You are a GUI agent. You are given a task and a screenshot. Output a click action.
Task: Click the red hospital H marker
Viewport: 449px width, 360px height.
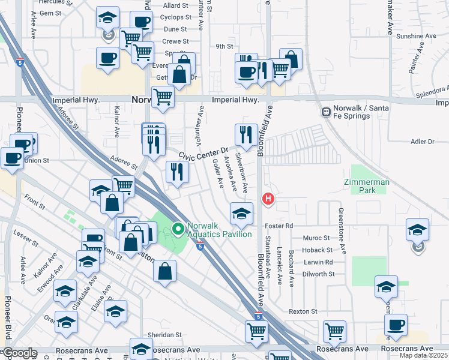[x=268, y=198]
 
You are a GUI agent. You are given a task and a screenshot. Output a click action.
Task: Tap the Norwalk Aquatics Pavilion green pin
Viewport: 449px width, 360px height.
[x=178, y=229]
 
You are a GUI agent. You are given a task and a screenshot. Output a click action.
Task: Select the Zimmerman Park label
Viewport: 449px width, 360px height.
[x=367, y=186]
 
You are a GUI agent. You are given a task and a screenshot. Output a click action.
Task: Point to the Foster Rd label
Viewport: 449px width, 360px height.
[x=279, y=226]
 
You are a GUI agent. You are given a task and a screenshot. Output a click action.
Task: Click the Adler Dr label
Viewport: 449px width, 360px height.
[x=423, y=142]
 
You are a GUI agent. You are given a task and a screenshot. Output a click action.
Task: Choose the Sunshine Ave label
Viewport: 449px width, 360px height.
[x=416, y=36]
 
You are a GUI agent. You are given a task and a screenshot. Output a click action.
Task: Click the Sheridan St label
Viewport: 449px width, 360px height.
[x=165, y=335]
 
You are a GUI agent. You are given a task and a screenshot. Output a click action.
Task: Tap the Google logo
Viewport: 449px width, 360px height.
[x=20, y=353]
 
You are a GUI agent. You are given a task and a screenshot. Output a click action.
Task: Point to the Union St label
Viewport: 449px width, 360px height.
[x=37, y=161]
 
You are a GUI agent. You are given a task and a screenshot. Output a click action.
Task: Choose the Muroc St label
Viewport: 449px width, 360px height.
[x=318, y=238]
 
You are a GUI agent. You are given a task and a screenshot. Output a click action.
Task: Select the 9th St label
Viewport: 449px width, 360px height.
[x=224, y=46]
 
